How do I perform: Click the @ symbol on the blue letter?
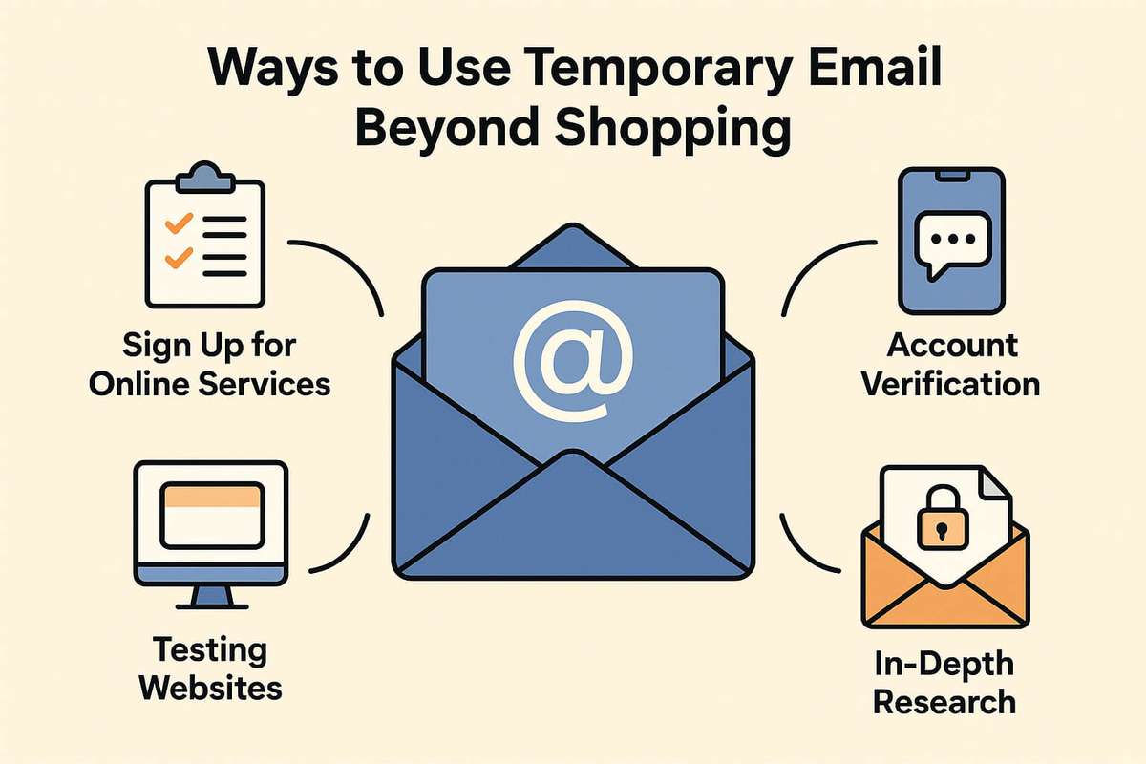(x=573, y=358)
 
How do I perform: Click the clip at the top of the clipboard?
(x=202, y=173)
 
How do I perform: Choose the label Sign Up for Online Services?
(x=221, y=363)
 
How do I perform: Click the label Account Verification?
(x=950, y=364)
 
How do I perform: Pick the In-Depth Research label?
(x=944, y=683)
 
